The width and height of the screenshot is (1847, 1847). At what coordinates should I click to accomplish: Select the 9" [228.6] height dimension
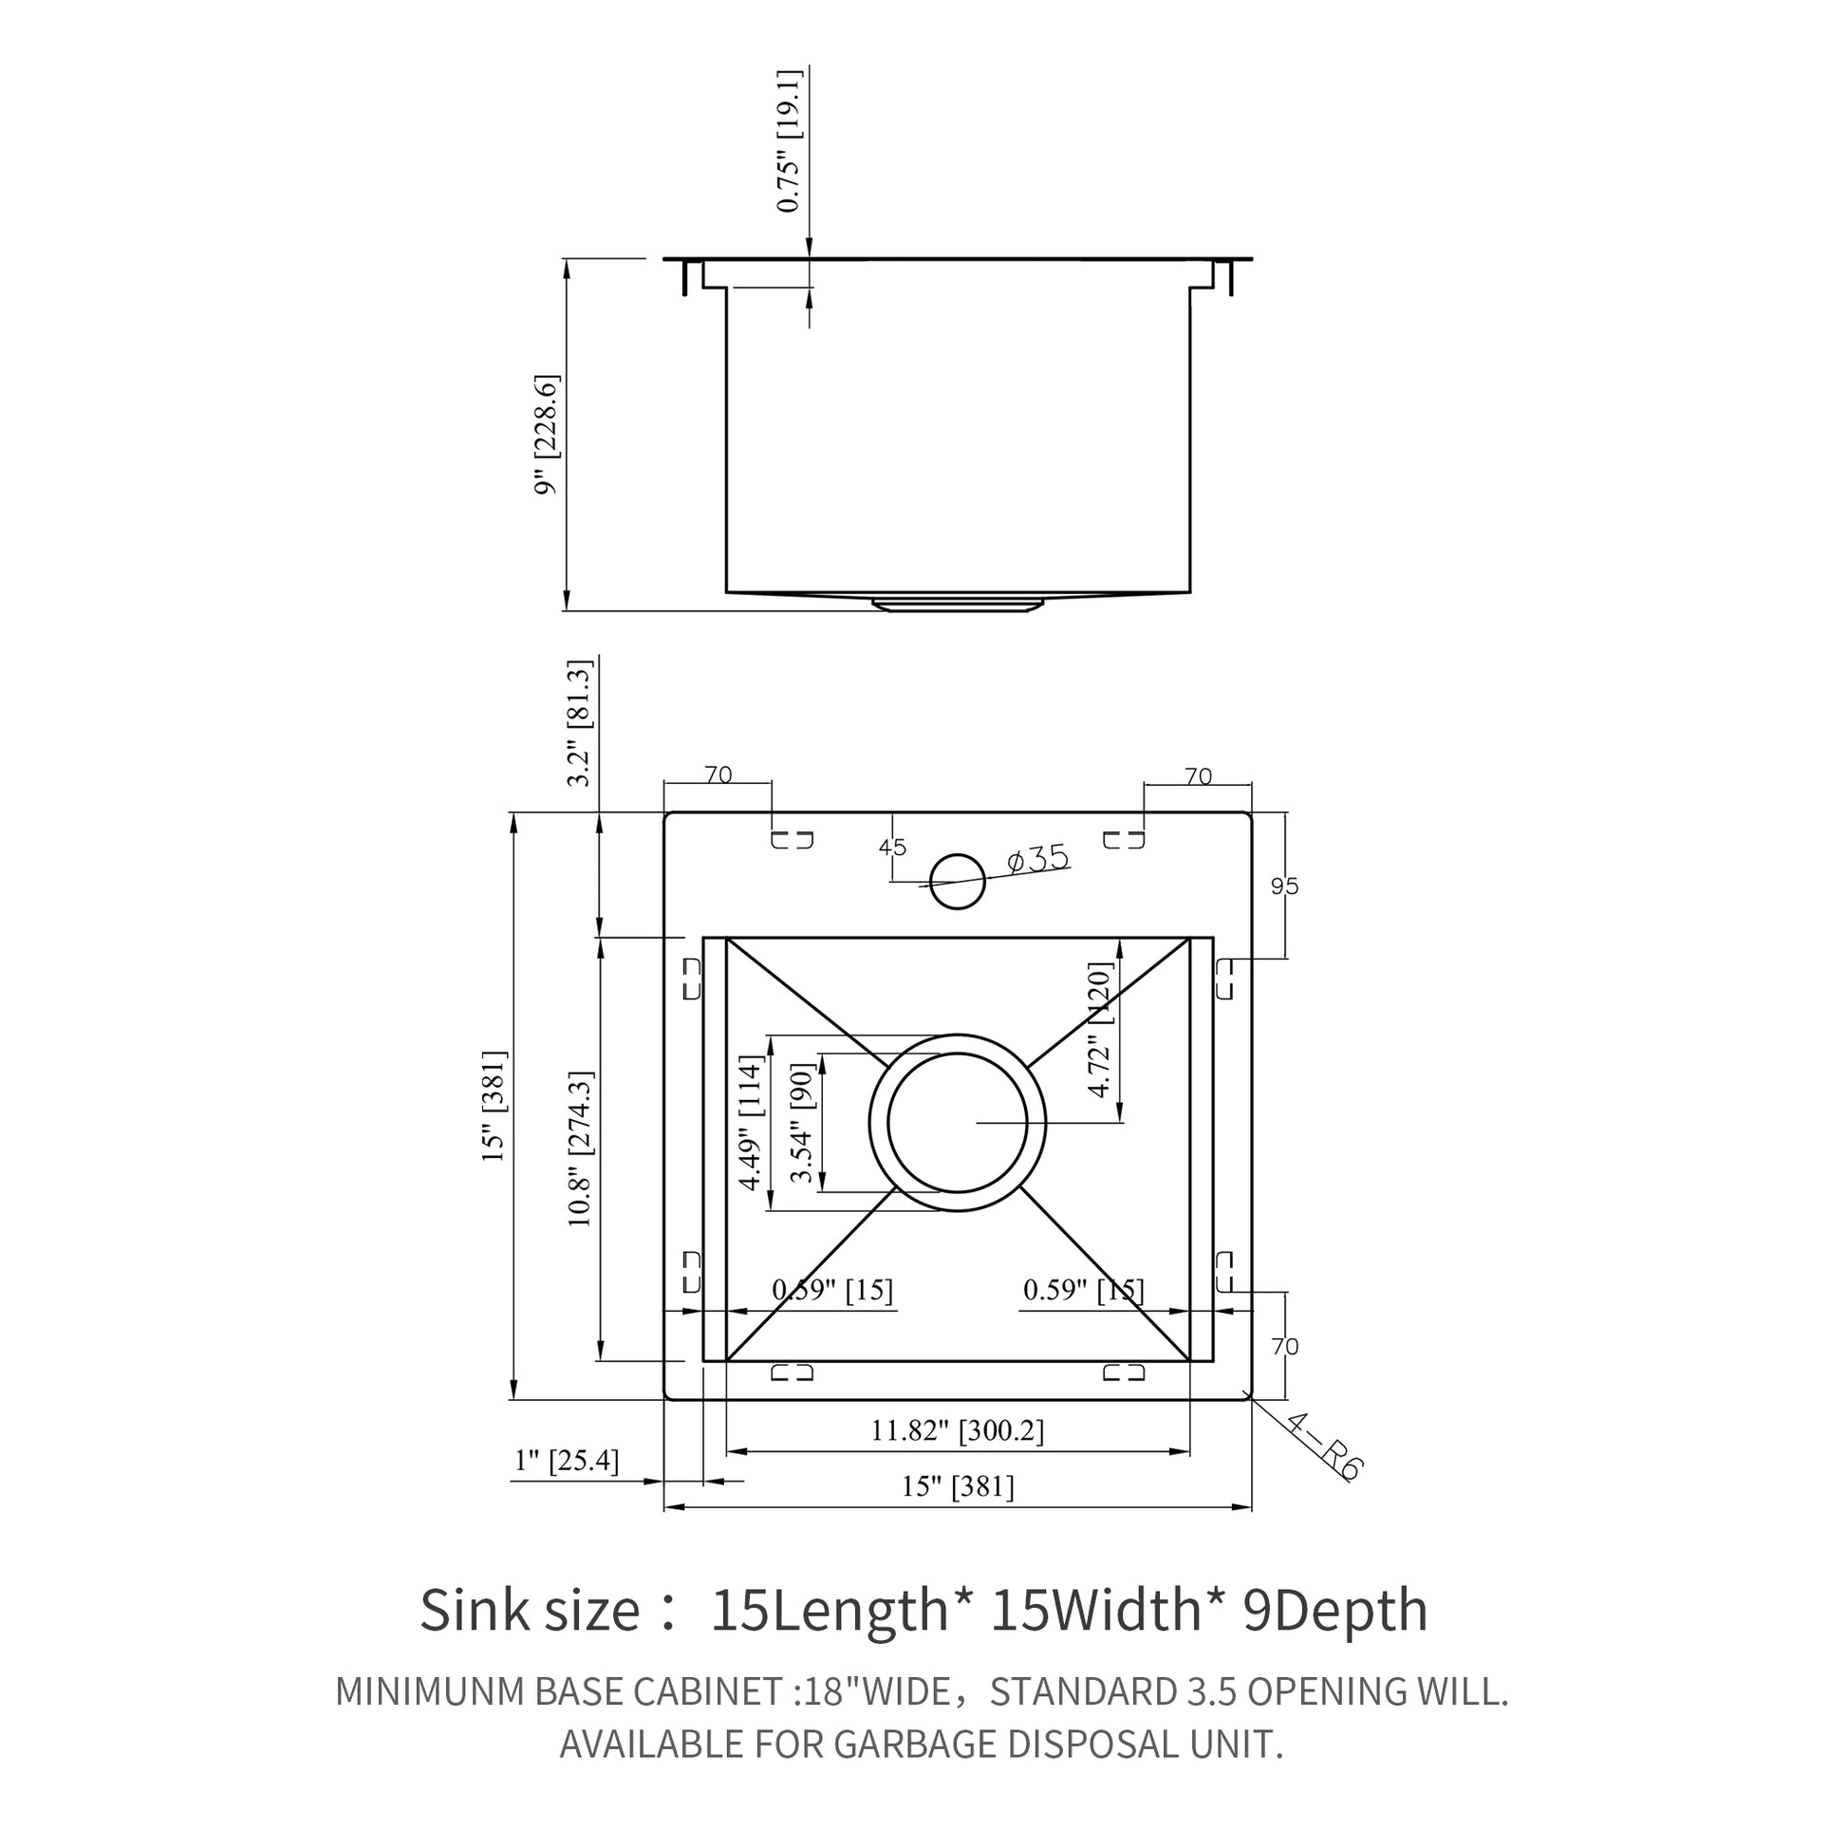pyautogui.click(x=547, y=434)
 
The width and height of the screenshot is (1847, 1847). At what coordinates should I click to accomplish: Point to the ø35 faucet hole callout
pyautogui.click(x=1038, y=859)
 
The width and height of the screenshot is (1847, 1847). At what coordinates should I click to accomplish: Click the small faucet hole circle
pyautogui.click(x=957, y=882)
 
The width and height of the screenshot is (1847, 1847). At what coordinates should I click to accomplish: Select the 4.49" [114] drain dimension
pyautogui.click(x=753, y=1123)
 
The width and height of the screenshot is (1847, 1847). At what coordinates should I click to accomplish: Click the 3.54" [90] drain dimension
pyautogui.click(x=801, y=1123)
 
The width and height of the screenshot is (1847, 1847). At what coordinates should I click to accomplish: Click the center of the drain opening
pyautogui.click(x=957, y=1124)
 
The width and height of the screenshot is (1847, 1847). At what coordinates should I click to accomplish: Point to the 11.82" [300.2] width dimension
pyautogui.click(x=957, y=1430)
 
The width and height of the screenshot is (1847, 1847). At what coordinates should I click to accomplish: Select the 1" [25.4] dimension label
pyautogui.click(x=567, y=1460)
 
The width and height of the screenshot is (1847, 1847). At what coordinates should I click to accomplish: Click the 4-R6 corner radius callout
pyautogui.click(x=1324, y=1447)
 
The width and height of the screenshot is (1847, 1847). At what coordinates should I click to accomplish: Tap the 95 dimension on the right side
pyautogui.click(x=1284, y=886)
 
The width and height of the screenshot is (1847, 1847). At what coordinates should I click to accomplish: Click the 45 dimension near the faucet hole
pyautogui.click(x=892, y=847)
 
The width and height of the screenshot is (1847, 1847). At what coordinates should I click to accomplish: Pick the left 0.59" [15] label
pyautogui.click(x=831, y=1290)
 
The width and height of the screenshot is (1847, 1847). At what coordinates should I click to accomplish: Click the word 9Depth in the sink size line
pyautogui.click(x=1334, y=1610)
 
